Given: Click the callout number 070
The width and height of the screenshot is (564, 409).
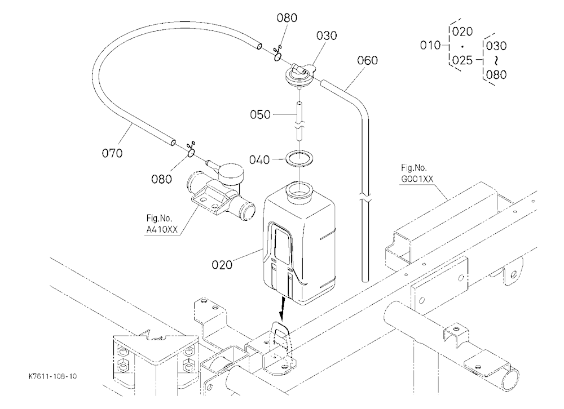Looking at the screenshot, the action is (x=112, y=153).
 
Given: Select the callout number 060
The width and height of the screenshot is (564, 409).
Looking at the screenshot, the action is (x=367, y=60).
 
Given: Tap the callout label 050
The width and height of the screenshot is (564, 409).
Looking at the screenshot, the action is (x=261, y=115).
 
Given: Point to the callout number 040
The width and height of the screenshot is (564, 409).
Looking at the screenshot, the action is (x=259, y=159).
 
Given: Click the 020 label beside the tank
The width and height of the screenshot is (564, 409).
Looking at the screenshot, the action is (x=222, y=265).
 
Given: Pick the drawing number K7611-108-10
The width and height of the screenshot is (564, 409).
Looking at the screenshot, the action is (x=52, y=376).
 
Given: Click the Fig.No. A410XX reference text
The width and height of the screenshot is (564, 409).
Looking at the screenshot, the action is (x=162, y=224).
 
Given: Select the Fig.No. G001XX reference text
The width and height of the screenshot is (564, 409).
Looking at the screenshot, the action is (x=417, y=173).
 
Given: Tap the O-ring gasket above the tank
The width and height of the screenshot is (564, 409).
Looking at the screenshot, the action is (x=299, y=158).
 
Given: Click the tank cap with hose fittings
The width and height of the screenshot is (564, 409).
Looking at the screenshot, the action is (x=299, y=74).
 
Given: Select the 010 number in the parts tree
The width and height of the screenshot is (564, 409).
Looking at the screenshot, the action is (x=430, y=45).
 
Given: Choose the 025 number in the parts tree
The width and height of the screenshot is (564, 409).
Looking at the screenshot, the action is (x=462, y=60).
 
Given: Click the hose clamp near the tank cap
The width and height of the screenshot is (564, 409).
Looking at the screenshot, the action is (x=277, y=54).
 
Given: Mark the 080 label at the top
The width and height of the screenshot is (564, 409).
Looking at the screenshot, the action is (x=287, y=18).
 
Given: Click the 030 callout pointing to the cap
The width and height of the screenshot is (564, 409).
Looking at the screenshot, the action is (x=327, y=35).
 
